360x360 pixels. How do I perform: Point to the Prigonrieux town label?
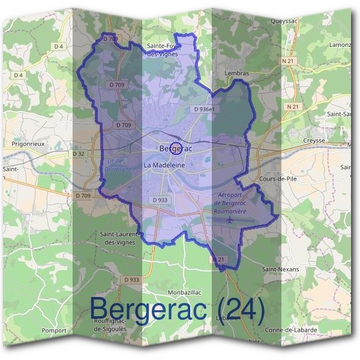tap(29, 145)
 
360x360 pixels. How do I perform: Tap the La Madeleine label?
tap(164, 164)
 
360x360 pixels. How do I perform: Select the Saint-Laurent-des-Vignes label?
tap(119, 238)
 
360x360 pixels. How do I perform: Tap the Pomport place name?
tap(54, 330)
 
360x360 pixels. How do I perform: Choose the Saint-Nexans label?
tap(280, 269)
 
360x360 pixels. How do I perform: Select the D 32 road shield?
tap(79, 154)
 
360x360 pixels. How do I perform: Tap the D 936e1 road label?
tap(205, 110)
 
